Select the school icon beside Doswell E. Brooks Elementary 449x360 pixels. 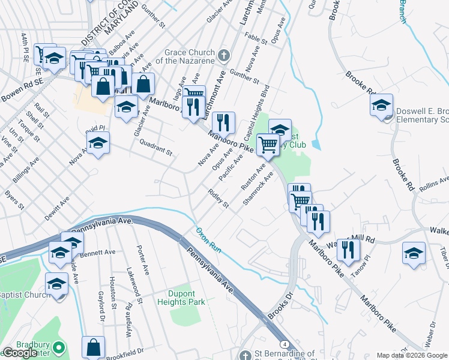(x=381, y=105)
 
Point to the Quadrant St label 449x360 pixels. (x=155, y=147)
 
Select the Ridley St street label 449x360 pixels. (x=218, y=199)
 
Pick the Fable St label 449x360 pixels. (x=256, y=38)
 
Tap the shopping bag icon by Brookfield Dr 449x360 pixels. (x=93, y=347)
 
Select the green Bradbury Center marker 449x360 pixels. (x=58, y=347)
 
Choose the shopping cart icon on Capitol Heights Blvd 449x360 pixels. (x=267, y=143)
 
